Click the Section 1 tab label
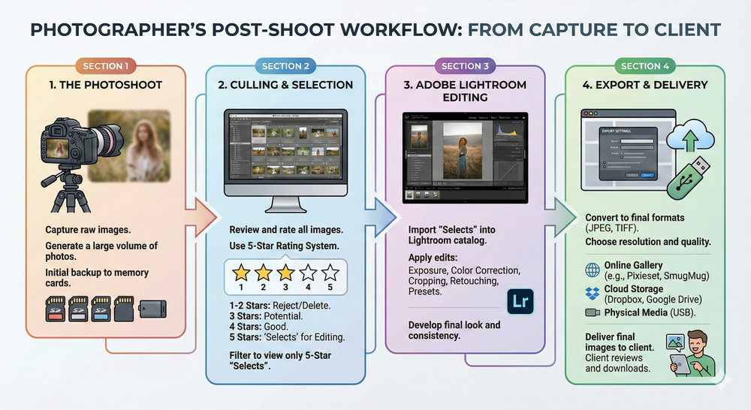click(x=106, y=66)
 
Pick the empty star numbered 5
click(x=328, y=272)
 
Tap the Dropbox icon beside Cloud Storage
click(x=592, y=290)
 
